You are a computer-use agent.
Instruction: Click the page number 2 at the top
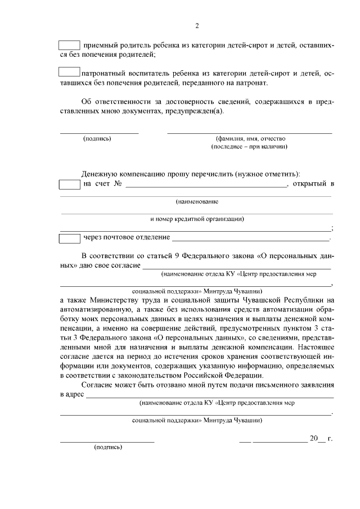tap(197, 26)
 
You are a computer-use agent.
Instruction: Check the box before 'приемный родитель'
tap(70, 44)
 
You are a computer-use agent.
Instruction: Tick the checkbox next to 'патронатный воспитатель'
tap(70, 72)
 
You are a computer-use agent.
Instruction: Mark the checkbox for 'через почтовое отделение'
tap(70, 238)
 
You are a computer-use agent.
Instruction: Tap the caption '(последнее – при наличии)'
tap(249, 146)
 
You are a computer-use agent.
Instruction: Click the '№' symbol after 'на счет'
tap(118, 184)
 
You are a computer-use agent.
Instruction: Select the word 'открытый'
tap(309, 184)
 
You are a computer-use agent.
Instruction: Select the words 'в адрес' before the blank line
tap(72, 395)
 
